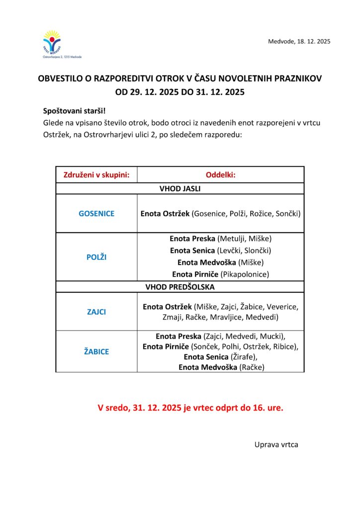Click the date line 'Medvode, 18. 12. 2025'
point(299,41)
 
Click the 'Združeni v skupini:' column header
point(96,174)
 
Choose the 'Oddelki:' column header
point(220,174)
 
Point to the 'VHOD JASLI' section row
point(180,188)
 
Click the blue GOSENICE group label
point(96,213)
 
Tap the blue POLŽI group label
point(96,257)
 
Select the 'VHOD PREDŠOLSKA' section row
point(180,287)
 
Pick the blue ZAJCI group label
point(96,312)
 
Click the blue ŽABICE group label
point(96,351)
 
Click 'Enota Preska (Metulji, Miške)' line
point(220,239)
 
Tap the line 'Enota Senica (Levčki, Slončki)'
point(220,251)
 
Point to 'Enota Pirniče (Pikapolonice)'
point(220,274)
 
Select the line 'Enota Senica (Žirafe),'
point(220,357)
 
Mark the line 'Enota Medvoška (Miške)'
point(220,262)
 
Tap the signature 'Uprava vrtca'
point(276,444)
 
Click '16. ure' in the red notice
point(269,408)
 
